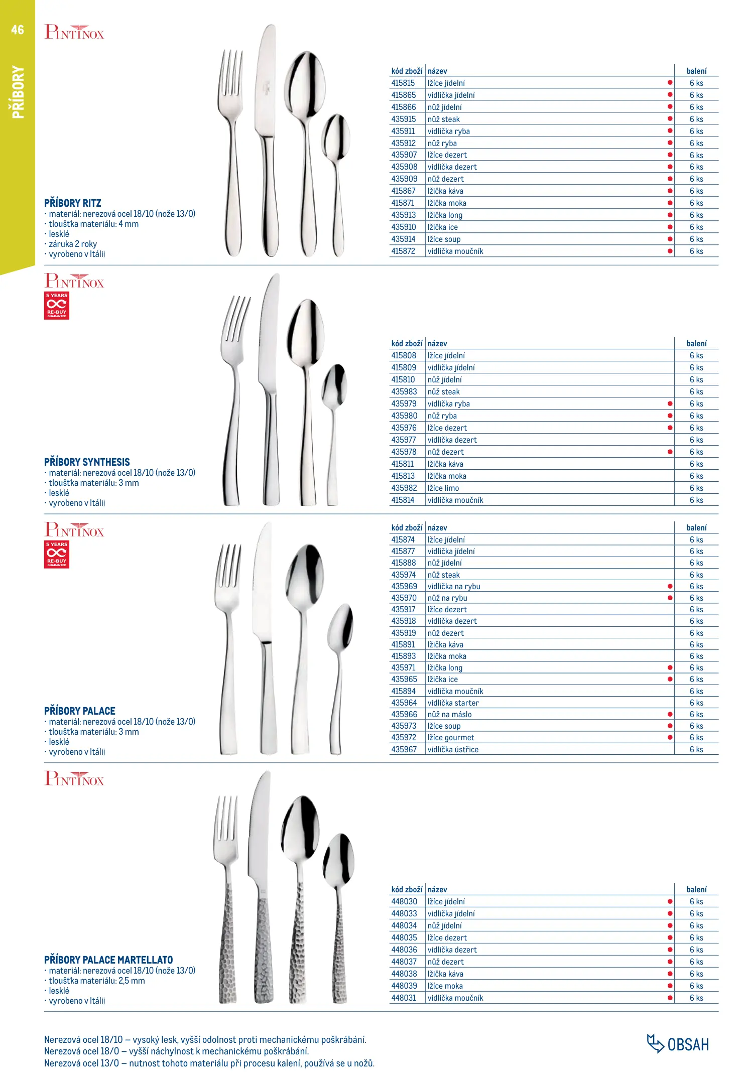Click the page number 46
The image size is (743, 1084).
[x=18, y=30]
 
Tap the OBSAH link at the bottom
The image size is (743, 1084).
[x=678, y=1044]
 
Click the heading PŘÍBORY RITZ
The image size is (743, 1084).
[x=73, y=203]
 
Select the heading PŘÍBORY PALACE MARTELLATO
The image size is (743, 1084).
[x=108, y=960]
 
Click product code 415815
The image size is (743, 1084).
[x=403, y=83]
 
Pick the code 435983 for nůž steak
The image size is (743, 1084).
[x=404, y=392]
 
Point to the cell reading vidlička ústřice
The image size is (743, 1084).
[x=453, y=750]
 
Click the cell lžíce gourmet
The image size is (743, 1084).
[x=451, y=738]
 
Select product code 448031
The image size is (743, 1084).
[x=404, y=998]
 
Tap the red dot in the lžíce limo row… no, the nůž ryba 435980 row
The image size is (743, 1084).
[x=670, y=416]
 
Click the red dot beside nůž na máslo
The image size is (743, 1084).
[x=670, y=714]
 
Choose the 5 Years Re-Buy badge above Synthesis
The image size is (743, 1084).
[x=57, y=306]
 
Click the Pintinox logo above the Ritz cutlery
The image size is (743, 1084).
[x=74, y=32]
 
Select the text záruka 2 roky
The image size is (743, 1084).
[x=73, y=244]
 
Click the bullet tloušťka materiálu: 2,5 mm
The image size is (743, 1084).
[x=96, y=981]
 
